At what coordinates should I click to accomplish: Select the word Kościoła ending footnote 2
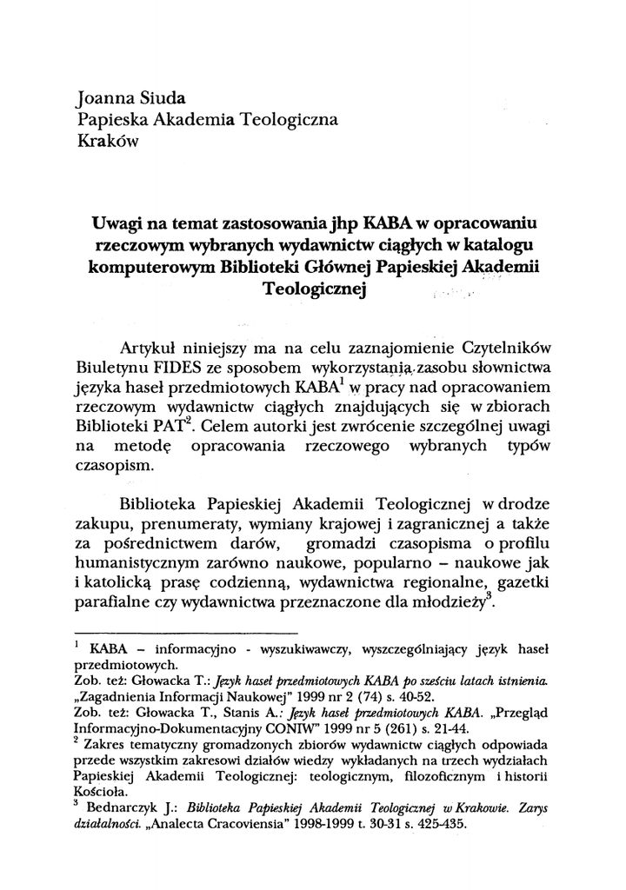click(103, 792)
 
